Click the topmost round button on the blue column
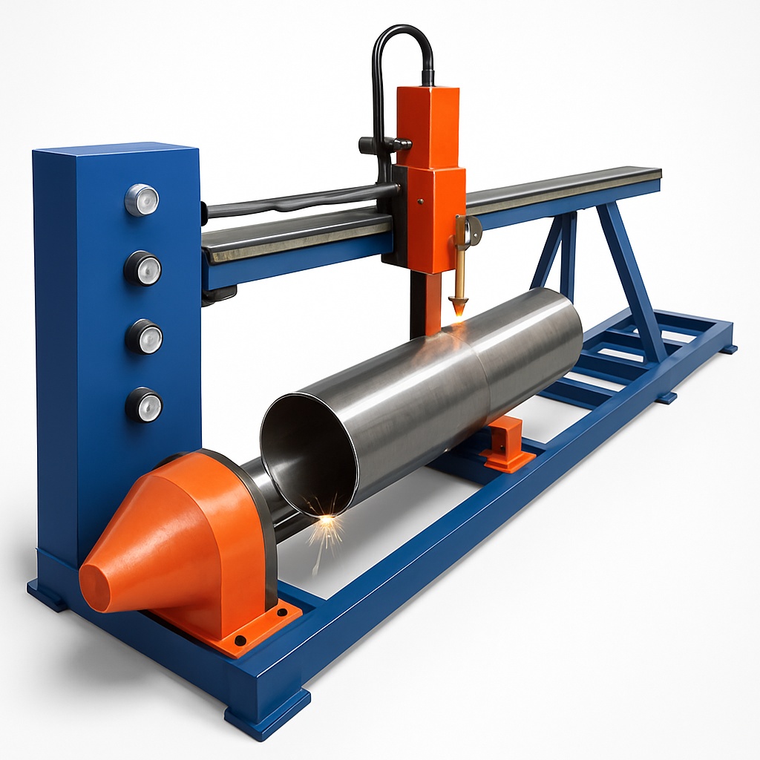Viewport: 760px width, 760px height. tap(142, 200)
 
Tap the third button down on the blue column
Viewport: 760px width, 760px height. tap(144, 336)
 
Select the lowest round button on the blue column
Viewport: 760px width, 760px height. tap(144, 404)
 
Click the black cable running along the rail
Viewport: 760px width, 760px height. tap(297, 200)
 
